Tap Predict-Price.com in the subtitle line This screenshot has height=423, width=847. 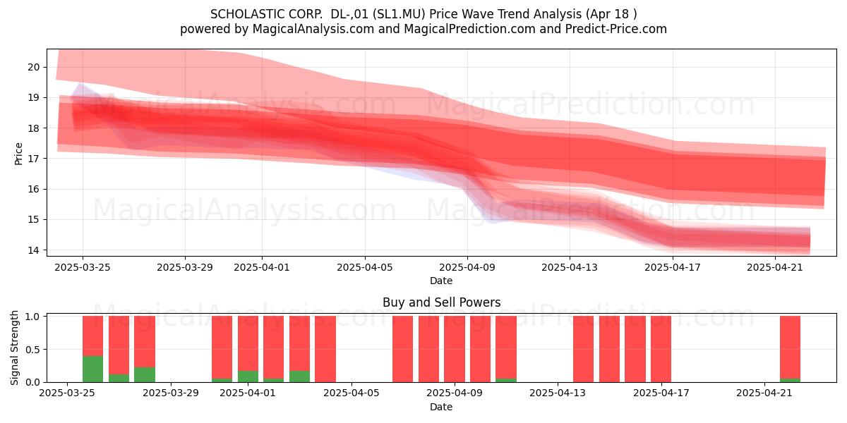616,29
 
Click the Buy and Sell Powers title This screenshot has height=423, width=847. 441,302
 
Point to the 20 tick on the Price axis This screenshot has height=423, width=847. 34,67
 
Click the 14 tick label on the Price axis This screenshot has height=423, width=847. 34,250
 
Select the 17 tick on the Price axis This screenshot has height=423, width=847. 34,159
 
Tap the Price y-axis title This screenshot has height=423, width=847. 18,154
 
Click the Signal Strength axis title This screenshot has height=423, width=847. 14,348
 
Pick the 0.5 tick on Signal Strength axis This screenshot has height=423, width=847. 32,350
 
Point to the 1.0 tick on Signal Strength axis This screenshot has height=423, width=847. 32,317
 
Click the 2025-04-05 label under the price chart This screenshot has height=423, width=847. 365,267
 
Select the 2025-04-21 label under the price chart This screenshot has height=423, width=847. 775,267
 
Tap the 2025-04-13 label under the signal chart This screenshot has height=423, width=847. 558,393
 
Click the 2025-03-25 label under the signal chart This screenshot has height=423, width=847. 67,393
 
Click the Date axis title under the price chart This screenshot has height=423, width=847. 441,281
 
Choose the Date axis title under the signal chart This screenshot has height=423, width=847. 441,407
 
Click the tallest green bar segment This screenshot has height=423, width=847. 92,369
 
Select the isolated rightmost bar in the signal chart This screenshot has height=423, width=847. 790,349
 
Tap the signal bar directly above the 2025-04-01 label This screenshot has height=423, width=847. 248,349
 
